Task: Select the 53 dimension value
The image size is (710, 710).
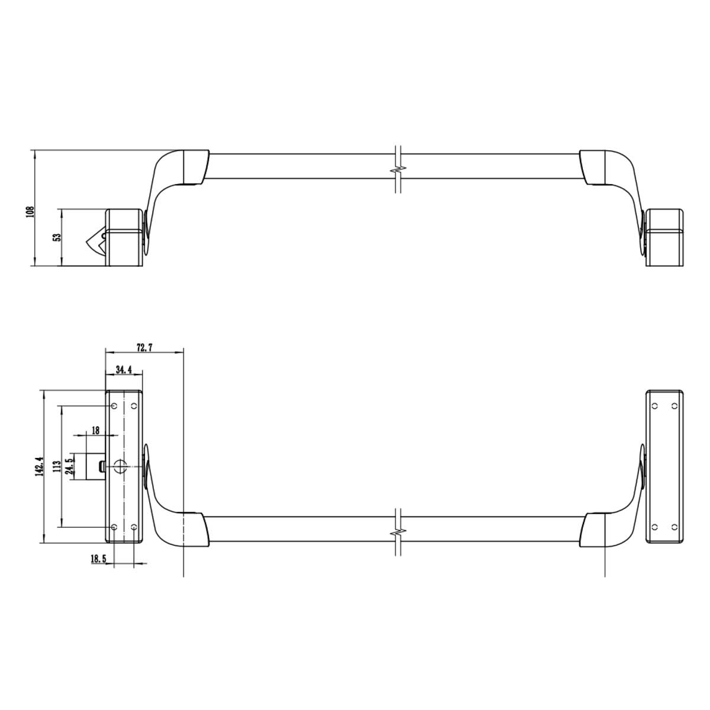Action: (x=57, y=237)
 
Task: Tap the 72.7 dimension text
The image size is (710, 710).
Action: (x=144, y=347)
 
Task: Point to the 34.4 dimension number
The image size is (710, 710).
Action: (x=124, y=370)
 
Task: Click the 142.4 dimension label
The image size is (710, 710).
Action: (x=40, y=466)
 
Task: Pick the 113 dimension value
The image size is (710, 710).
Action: (x=56, y=467)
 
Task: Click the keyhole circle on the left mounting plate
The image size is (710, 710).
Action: (x=120, y=466)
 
